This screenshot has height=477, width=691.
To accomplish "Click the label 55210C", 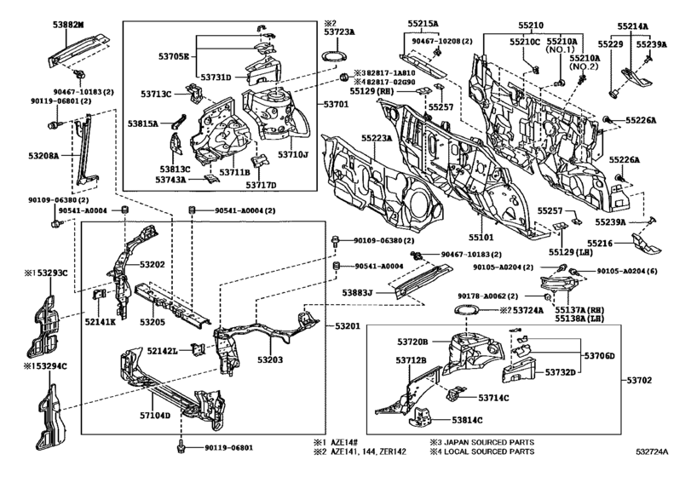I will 525,41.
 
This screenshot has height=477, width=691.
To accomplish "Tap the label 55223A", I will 375,137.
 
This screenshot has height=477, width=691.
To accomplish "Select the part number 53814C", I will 468,420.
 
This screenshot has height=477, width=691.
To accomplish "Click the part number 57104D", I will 156,416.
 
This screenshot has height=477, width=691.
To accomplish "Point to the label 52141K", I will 102,322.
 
